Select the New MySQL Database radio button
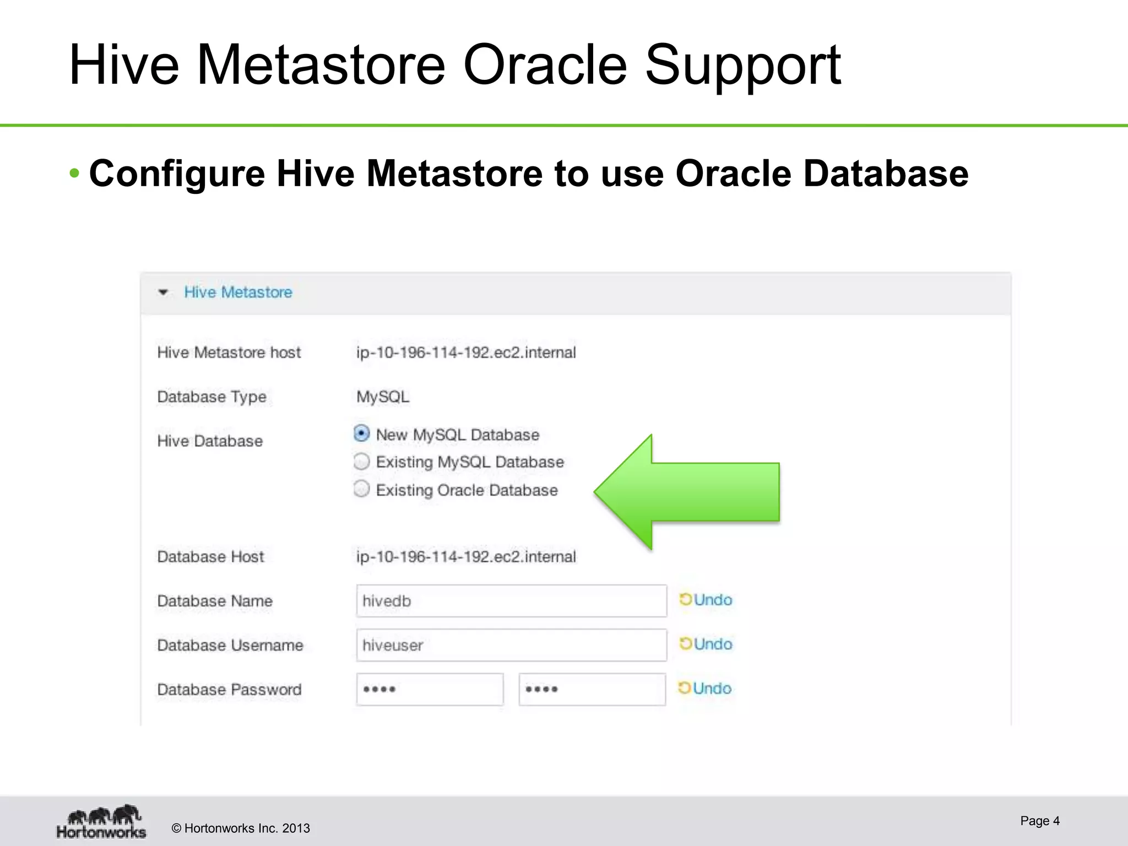(x=361, y=434)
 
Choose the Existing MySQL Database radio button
(x=361, y=462)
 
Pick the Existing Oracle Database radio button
(x=361, y=489)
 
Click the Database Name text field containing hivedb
(x=511, y=601)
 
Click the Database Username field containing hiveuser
(x=511, y=645)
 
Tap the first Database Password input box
(x=430, y=689)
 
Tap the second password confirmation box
(x=592, y=689)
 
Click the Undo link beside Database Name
(x=706, y=600)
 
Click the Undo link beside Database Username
(x=706, y=644)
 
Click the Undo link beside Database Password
(x=706, y=688)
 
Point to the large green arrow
(x=694, y=492)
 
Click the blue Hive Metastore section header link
(x=238, y=292)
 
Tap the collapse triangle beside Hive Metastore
(x=163, y=292)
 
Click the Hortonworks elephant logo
(x=102, y=821)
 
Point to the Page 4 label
(x=1039, y=821)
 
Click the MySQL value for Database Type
(x=383, y=397)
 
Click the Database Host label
(x=210, y=557)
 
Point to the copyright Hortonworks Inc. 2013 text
(x=241, y=828)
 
